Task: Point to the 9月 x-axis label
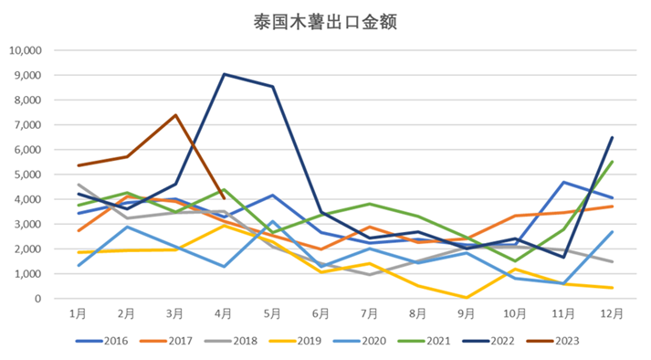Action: coord(467,313)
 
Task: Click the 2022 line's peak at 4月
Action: coord(225,74)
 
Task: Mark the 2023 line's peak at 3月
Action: coord(175,115)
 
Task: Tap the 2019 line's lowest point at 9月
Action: coord(467,297)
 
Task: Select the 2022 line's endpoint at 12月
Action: coord(612,138)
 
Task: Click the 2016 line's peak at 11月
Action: coord(563,183)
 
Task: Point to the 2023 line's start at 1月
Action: coord(79,165)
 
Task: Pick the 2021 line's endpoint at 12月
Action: coord(612,162)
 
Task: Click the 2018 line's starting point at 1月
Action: coord(79,185)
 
